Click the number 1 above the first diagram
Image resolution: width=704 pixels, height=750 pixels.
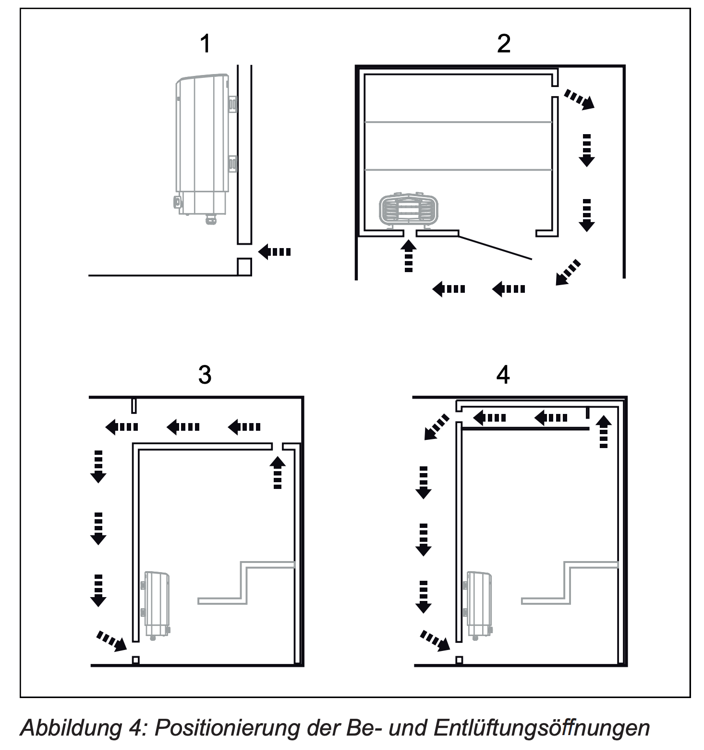(205, 44)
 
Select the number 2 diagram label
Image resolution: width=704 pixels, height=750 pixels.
(503, 44)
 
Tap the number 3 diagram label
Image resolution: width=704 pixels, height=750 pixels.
(205, 375)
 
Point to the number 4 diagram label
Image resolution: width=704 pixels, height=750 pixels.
(503, 375)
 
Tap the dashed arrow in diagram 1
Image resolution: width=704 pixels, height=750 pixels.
(275, 251)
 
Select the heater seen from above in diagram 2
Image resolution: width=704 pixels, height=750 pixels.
(409, 210)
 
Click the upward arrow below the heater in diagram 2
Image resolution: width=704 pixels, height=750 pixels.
(409, 256)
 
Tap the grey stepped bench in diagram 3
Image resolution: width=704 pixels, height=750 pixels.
(246, 583)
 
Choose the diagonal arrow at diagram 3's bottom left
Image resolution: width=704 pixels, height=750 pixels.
(112, 641)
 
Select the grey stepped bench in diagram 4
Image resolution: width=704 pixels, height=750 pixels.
(570, 583)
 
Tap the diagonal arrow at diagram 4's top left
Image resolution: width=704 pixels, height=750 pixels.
(437, 427)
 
